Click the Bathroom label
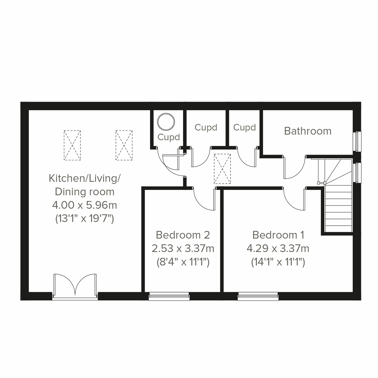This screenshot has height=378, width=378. [308, 131]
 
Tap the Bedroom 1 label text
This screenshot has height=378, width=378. [278, 235]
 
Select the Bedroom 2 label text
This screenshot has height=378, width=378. [183, 235]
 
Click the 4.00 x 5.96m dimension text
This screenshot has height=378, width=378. [84, 205]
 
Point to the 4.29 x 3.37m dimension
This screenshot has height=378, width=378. [278, 249]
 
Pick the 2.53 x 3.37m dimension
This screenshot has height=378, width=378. [183, 249]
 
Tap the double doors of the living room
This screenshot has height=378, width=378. [75, 285]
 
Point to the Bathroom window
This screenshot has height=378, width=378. [357, 141]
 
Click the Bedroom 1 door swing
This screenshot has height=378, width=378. [295, 198]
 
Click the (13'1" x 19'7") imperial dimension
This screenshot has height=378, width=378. [84, 218]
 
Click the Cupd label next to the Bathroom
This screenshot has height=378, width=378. [244, 128]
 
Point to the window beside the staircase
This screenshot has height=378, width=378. [357, 172]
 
